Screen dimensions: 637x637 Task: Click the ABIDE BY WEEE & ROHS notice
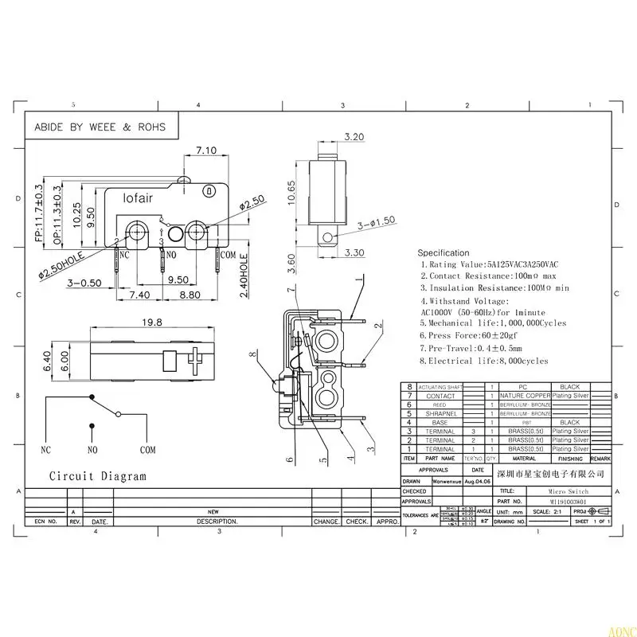coord(100,127)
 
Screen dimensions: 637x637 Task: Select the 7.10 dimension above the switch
coord(206,150)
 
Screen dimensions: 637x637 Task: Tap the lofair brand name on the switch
coord(137,197)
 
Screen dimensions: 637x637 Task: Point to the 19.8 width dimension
coord(153,322)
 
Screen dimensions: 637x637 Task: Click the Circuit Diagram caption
coord(97,476)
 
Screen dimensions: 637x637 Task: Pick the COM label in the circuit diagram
coord(147,450)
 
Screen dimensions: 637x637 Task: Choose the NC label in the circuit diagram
coord(46,450)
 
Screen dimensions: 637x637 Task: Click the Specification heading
coord(444,253)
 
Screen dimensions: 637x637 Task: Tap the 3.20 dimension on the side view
coord(332,137)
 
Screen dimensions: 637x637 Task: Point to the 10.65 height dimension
coord(292,194)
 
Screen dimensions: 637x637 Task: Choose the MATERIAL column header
coord(523,459)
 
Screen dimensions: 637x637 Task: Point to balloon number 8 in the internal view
coord(252,354)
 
